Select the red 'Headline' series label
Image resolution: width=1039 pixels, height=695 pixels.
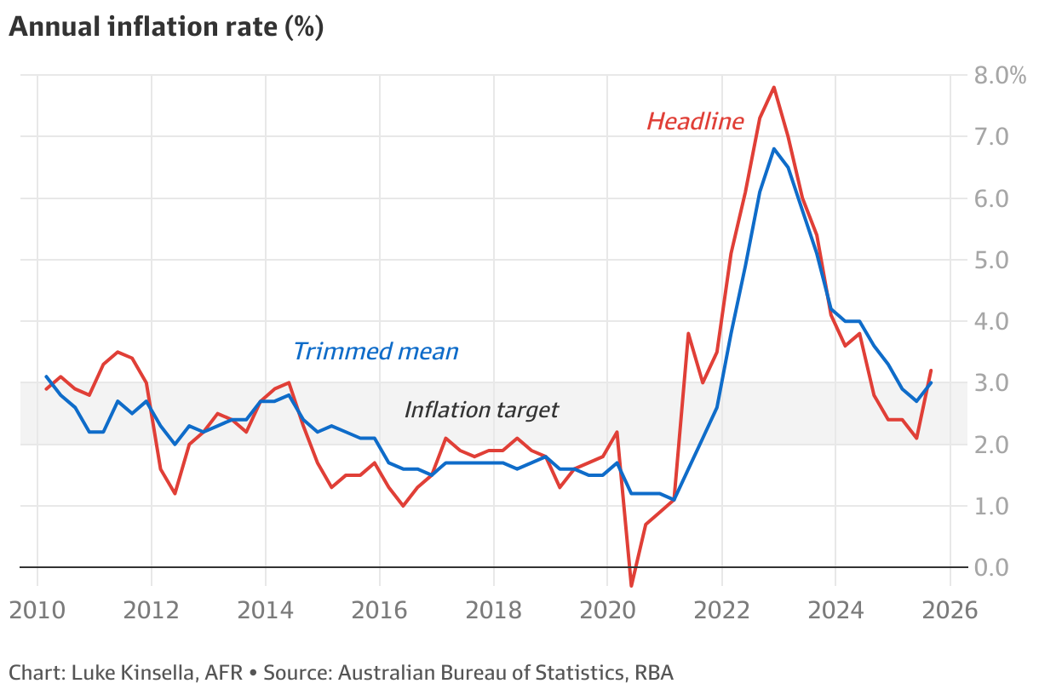click(x=695, y=122)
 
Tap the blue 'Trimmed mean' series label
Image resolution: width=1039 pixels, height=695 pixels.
click(x=376, y=351)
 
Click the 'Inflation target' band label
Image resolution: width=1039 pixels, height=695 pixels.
click(x=481, y=410)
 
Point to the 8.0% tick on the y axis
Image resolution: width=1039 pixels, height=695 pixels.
click(x=1001, y=75)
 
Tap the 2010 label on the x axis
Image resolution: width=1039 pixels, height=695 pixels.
click(x=37, y=611)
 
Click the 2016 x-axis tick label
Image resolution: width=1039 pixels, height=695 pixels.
click(x=379, y=611)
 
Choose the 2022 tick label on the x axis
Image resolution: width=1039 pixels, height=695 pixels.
click(x=721, y=611)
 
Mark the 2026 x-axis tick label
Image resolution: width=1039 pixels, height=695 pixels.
click(x=949, y=611)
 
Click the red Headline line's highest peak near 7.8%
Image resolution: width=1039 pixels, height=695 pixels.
click(x=773, y=87)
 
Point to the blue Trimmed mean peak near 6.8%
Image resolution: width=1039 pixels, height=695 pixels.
click(x=773, y=149)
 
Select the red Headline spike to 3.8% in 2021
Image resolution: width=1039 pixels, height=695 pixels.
click(x=688, y=333)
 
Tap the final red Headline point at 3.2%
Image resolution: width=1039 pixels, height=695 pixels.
click(x=931, y=370)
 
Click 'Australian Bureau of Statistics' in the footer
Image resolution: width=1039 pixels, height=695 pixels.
click(x=479, y=673)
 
